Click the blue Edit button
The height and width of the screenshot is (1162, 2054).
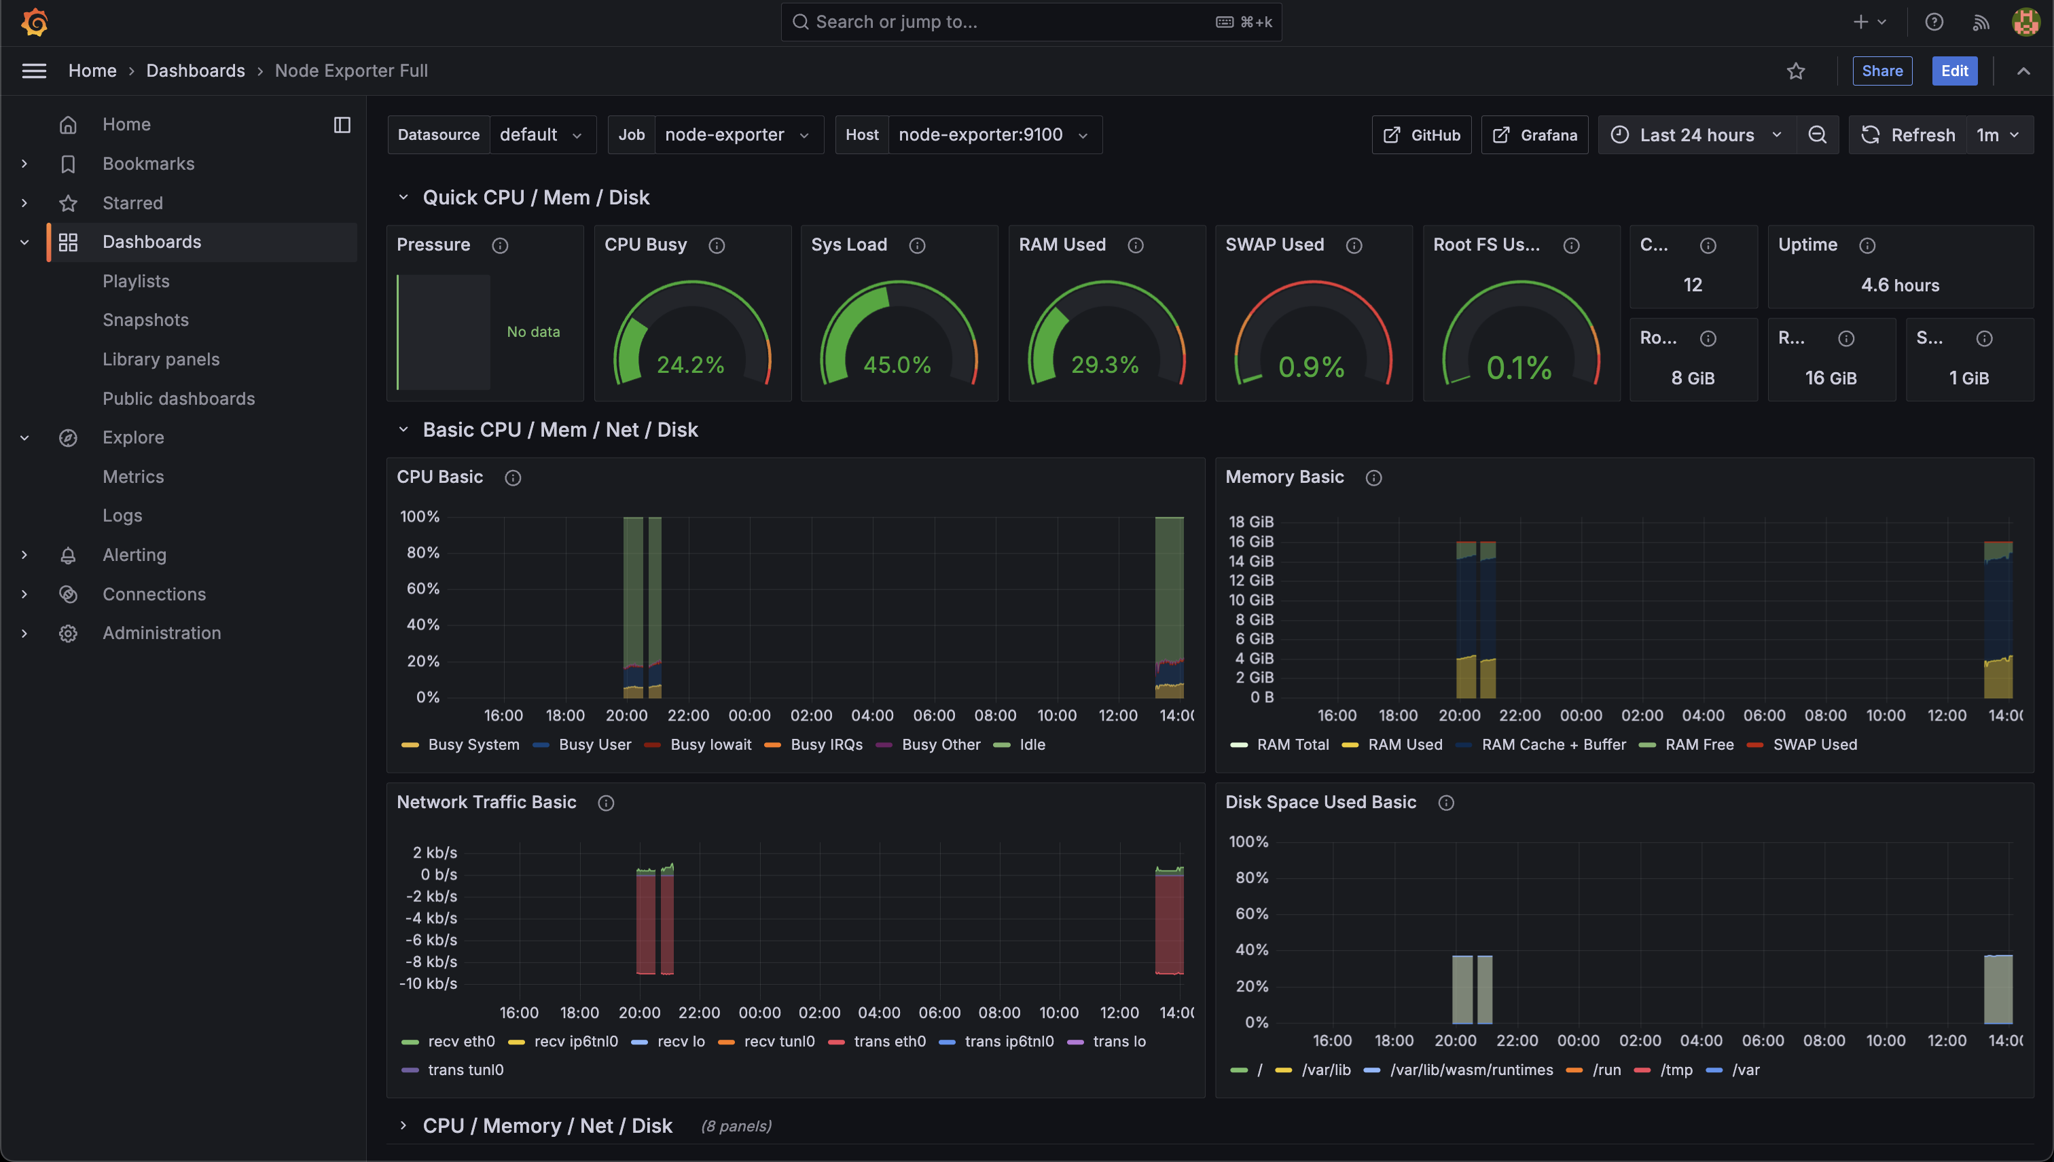point(1953,71)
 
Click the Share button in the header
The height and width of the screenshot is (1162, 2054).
point(1881,71)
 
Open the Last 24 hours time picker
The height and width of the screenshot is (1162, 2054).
point(1697,135)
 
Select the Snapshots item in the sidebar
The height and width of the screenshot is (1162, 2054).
point(145,320)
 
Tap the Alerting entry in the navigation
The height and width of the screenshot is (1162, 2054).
point(134,555)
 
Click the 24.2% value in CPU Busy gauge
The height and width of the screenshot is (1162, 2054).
point(690,365)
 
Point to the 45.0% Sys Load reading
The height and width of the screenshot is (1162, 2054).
point(897,365)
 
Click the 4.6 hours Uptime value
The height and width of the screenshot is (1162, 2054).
point(1899,285)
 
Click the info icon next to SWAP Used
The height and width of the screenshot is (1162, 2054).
point(1354,245)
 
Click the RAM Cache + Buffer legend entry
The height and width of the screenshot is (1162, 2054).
point(1552,744)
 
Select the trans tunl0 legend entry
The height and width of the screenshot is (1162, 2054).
point(465,1070)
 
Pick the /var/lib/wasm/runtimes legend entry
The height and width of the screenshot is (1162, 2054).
point(1471,1070)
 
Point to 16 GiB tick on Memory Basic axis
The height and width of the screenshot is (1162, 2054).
point(1250,542)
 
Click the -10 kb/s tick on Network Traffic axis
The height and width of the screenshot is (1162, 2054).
point(429,984)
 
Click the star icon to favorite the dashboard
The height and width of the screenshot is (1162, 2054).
point(1795,71)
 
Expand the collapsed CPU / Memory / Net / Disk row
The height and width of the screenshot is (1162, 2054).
point(547,1126)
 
